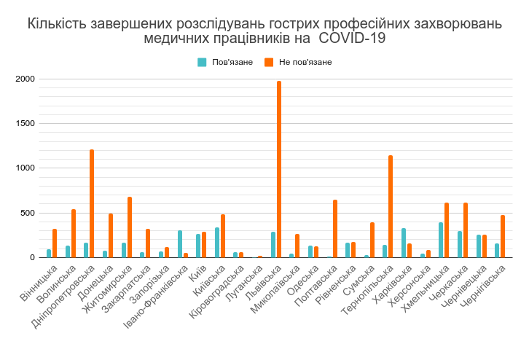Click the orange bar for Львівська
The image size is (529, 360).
coord(279,170)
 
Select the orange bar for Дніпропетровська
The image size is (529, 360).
coord(92,204)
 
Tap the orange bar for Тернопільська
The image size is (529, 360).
coord(391,207)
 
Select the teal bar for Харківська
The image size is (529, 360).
coord(404,243)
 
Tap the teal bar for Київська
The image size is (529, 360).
coord(217,243)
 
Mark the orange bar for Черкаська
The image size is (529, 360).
coord(466,230)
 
